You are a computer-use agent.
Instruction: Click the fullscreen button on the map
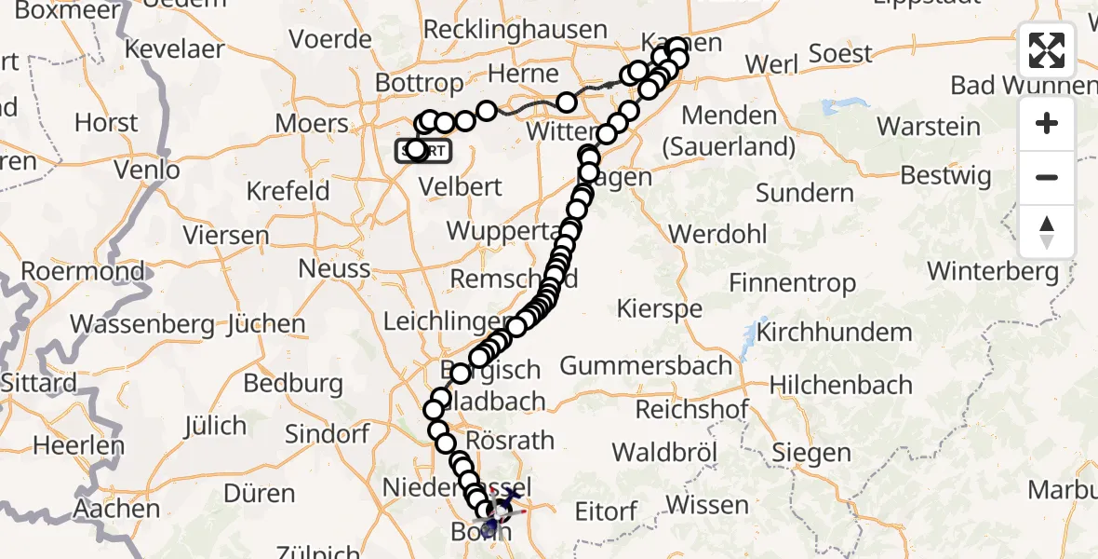point(1047,50)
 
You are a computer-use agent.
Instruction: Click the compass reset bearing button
point(1047,232)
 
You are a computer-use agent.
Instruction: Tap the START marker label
point(424,151)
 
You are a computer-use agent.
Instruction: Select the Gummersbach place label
point(646,366)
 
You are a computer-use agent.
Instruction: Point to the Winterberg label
point(993,272)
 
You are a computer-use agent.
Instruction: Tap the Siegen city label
point(810,454)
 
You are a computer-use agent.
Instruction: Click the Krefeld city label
point(288,192)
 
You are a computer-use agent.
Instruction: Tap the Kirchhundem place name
point(835,333)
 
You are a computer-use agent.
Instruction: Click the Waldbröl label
point(664,453)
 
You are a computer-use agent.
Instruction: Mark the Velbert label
point(461,185)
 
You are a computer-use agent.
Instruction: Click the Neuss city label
point(334,269)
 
